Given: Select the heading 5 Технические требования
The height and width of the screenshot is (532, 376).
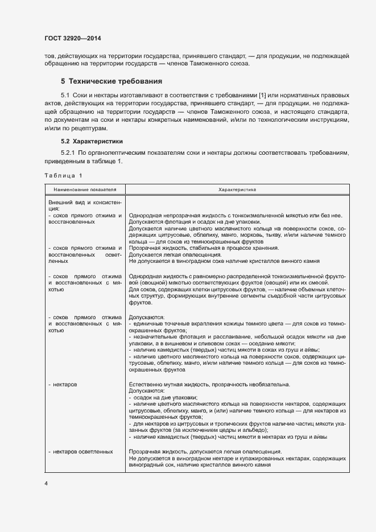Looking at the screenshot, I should click(x=111, y=81).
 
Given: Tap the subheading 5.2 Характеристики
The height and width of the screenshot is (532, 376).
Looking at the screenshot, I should click(x=91, y=141).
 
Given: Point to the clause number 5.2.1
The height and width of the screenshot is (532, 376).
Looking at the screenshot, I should click(x=68, y=153).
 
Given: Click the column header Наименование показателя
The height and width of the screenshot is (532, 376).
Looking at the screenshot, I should click(x=85, y=189).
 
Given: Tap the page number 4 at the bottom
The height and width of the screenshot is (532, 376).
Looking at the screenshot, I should click(x=46, y=484).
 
